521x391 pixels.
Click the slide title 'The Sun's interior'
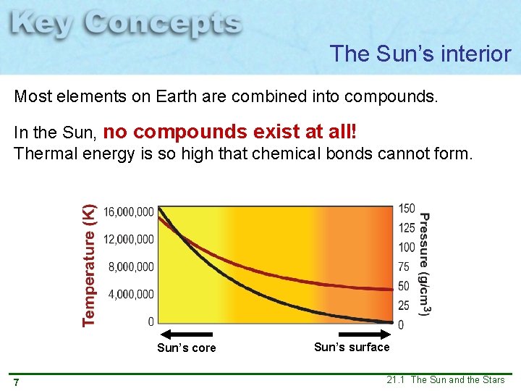click(x=420, y=54)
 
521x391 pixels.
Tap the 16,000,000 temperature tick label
click(x=129, y=212)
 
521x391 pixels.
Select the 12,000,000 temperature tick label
click(x=129, y=240)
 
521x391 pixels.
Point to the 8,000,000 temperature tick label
click(x=131, y=267)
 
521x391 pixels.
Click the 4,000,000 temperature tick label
click(x=131, y=295)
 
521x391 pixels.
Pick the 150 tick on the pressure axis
click(x=407, y=209)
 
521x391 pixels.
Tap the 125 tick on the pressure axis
click(x=407, y=228)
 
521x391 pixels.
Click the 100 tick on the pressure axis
click(x=407, y=248)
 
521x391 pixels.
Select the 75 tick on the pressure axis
click(x=404, y=267)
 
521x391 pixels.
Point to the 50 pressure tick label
click(x=404, y=287)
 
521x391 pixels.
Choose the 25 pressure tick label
click(x=404, y=306)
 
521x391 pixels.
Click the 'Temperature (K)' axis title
click(x=89, y=265)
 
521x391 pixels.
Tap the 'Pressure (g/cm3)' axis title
click(x=425, y=264)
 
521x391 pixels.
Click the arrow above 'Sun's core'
click(x=187, y=335)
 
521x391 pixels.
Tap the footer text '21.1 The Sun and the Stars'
click(x=445, y=380)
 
